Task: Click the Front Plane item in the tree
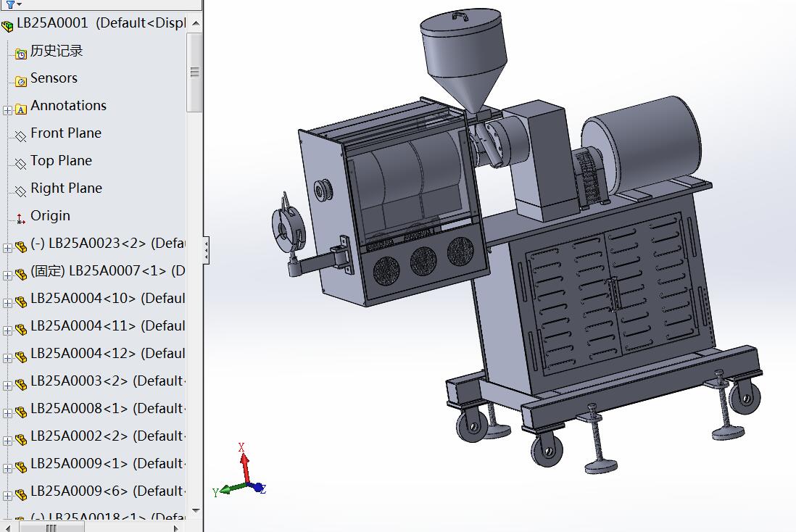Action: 65,133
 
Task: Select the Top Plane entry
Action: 61,161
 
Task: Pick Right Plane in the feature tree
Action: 66,188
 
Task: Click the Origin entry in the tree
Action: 50,216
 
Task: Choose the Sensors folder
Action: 54,78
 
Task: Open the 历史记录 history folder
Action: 56,51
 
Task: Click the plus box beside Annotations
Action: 8,110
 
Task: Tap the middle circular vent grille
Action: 423,261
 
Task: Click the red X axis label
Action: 242,447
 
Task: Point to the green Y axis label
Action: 215,492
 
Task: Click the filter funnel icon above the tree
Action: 9,4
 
